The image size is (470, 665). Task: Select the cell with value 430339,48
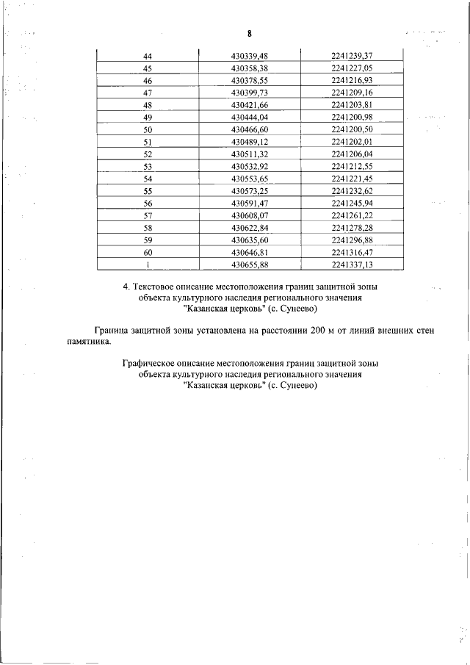(250, 56)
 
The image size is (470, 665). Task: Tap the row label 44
(147, 56)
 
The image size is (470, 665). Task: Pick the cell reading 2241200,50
(352, 129)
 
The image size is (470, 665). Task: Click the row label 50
(147, 129)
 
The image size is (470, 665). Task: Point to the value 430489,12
(250, 141)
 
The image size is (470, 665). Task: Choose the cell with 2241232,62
(352, 190)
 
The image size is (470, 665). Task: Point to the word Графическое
(153, 364)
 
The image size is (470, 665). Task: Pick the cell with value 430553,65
(250, 178)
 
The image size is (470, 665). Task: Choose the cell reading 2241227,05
(352, 68)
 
